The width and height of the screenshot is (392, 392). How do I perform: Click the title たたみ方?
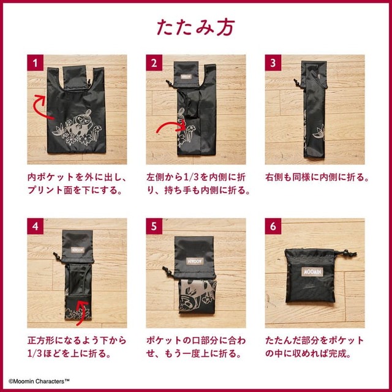[x=195, y=27]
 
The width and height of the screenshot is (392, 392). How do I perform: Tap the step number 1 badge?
[x=36, y=62]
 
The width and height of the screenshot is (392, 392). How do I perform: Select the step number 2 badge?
[x=154, y=62]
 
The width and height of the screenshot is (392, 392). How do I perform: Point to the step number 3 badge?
[x=273, y=62]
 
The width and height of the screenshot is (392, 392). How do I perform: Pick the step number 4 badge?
[x=36, y=226]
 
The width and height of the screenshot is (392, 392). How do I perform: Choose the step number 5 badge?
[x=154, y=226]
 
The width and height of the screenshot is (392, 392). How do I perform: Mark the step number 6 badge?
[x=273, y=226]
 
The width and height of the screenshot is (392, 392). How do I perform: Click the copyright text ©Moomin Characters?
[x=39, y=381]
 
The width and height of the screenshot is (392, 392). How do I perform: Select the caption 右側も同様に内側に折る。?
[x=317, y=177]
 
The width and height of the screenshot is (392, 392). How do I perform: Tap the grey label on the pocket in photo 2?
[x=186, y=76]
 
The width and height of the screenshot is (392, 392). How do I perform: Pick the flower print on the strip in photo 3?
[x=319, y=133]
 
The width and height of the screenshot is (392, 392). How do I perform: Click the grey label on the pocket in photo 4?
[x=78, y=250]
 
